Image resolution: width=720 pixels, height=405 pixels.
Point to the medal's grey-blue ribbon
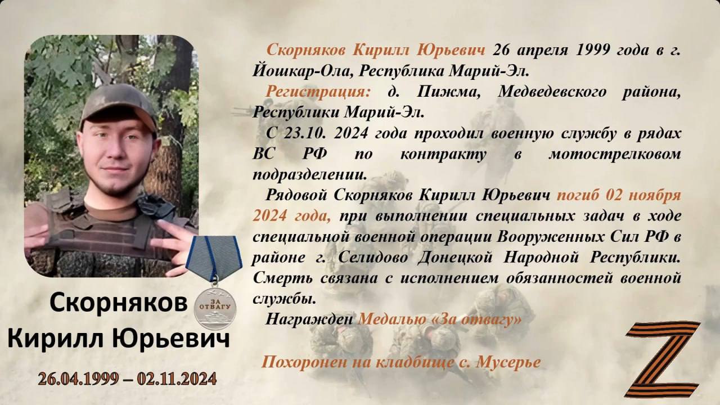tap(214, 257)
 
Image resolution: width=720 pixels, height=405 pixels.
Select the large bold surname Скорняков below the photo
tap(119, 303)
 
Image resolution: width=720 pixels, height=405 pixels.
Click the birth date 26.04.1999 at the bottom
tap(78, 379)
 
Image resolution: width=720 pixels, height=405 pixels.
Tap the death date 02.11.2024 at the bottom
tap(177, 379)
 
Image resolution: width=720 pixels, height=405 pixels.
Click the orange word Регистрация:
tap(318, 92)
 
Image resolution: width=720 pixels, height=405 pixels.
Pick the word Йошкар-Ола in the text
tap(300, 71)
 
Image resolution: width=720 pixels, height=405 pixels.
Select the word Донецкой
tap(455, 258)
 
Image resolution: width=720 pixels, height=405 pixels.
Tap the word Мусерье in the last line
tap(508, 363)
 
